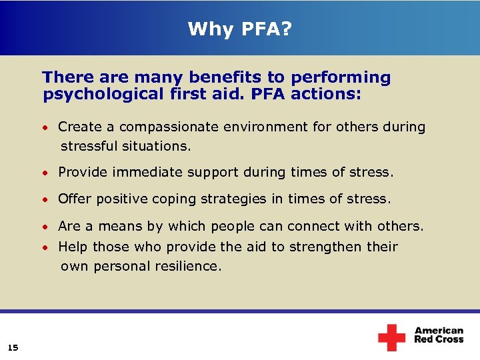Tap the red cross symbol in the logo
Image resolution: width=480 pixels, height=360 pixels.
391,337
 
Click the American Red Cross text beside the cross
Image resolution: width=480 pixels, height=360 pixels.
439,335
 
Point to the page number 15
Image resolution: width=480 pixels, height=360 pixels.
13,347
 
